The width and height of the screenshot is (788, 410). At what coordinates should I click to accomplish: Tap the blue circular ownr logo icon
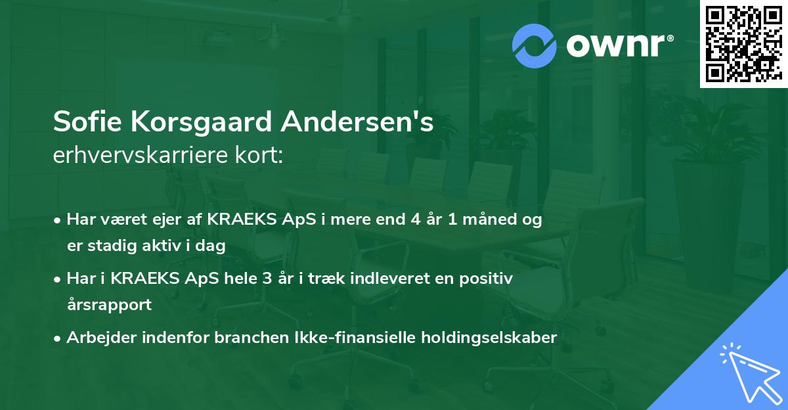click(534, 45)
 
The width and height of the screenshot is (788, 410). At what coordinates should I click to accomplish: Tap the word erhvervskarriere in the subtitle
click(145, 156)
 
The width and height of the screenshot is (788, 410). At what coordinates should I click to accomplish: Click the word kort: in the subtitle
click(262, 156)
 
